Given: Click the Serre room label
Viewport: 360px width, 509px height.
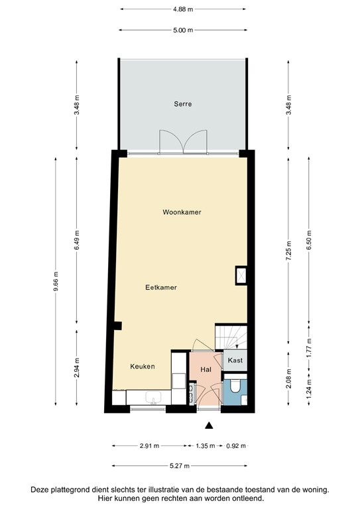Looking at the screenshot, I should click(x=182, y=104).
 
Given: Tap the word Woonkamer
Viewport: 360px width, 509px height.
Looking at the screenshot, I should click(x=182, y=212).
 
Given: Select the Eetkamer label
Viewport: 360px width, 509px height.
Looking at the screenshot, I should click(x=161, y=287).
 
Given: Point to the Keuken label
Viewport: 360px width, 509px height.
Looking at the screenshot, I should click(x=143, y=366).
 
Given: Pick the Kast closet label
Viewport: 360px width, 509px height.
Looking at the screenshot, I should click(x=235, y=361).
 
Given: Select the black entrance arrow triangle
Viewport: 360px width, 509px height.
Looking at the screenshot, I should click(x=210, y=425).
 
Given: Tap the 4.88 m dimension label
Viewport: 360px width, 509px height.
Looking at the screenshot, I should click(x=182, y=9).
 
